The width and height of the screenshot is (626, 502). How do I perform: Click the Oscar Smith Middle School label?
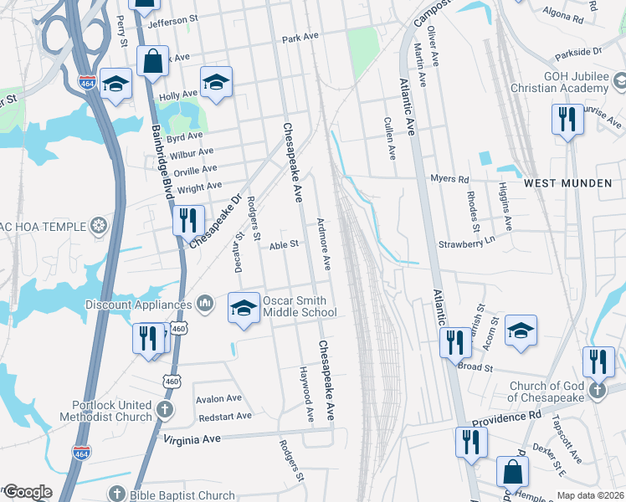tap(300, 307)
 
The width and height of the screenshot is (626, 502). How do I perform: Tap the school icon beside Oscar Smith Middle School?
tap(244, 308)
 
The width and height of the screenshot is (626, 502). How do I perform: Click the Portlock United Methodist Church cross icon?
tap(166, 410)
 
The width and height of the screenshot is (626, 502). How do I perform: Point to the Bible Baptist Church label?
tap(182, 495)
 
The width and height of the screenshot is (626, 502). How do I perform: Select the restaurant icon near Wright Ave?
tap(187, 220)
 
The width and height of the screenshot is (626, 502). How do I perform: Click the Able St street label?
tap(284, 245)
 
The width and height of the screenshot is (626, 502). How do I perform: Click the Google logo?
tap(28, 492)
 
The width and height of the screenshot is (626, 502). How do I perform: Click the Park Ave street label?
tap(301, 38)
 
